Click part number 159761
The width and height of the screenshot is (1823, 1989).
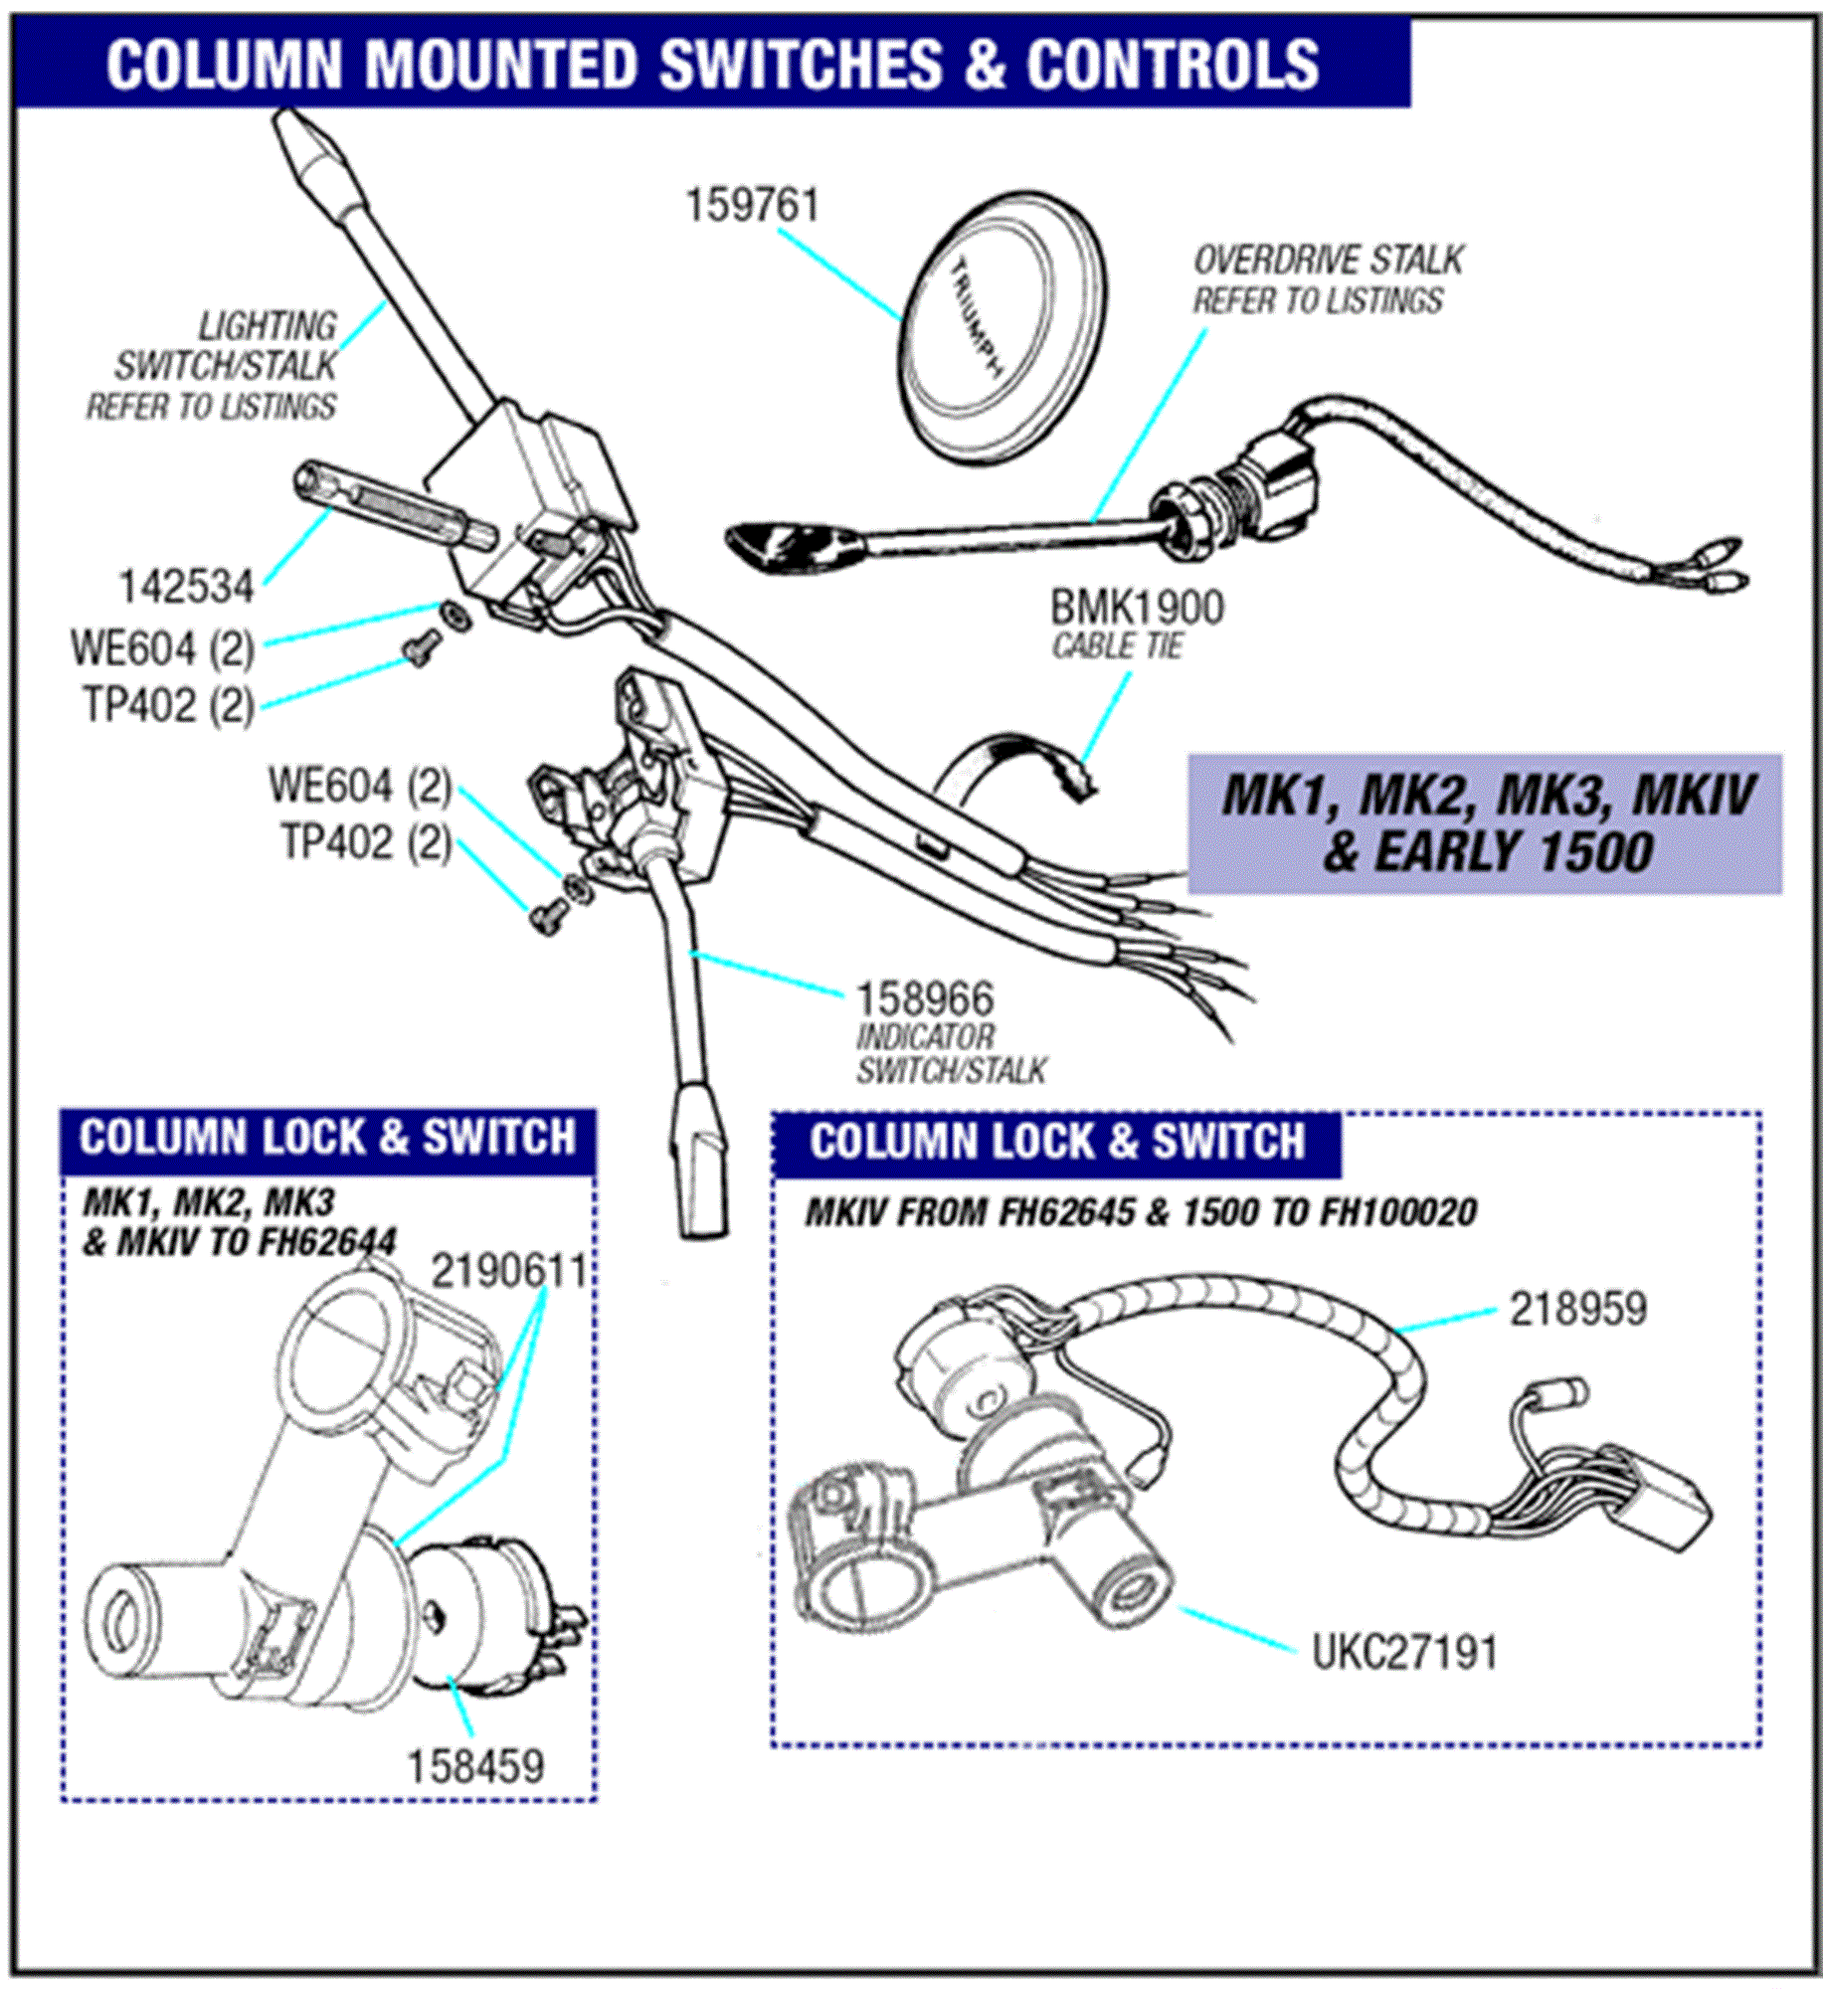click(x=752, y=206)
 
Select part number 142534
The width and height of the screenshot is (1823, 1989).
click(x=186, y=587)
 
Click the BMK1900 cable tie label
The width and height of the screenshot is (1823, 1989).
click(x=1137, y=608)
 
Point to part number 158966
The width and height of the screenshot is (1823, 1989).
click(x=924, y=998)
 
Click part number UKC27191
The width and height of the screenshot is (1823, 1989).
click(x=1403, y=1653)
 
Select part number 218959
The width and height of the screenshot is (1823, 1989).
click(x=1577, y=1309)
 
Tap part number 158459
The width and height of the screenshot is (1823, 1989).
click(x=475, y=1767)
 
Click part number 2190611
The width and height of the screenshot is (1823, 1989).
click(x=508, y=1271)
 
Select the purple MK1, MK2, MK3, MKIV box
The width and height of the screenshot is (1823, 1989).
click(x=1485, y=823)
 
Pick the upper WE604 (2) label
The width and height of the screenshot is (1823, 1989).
click(x=162, y=649)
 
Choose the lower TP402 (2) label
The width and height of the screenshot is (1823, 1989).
click(x=365, y=843)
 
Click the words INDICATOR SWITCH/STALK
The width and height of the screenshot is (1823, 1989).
click(x=950, y=1053)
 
